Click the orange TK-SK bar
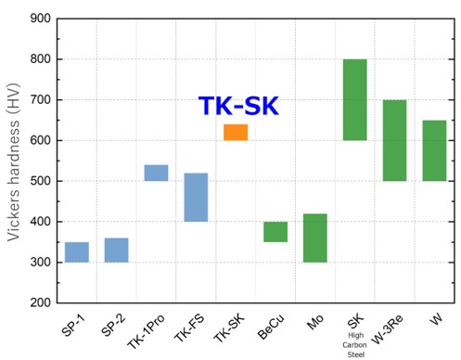pyautogui.click(x=236, y=132)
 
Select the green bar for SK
pyautogui.click(x=355, y=99)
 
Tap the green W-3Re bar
pyautogui.click(x=394, y=140)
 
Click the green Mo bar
pyautogui.click(x=315, y=238)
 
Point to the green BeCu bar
pyautogui.click(x=275, y=232)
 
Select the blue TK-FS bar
pyautogui.click(x=196, y=197)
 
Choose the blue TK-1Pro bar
pyautogui.click(x=156, y=173)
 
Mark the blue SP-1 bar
pyautogui.click(x=77, y=251)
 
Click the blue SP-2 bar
pyautogui.click(x=116, y=250)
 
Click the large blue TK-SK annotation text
pyautogui.click(x=238, y=107)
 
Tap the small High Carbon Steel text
pyautogui.click(x=354, y=345)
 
